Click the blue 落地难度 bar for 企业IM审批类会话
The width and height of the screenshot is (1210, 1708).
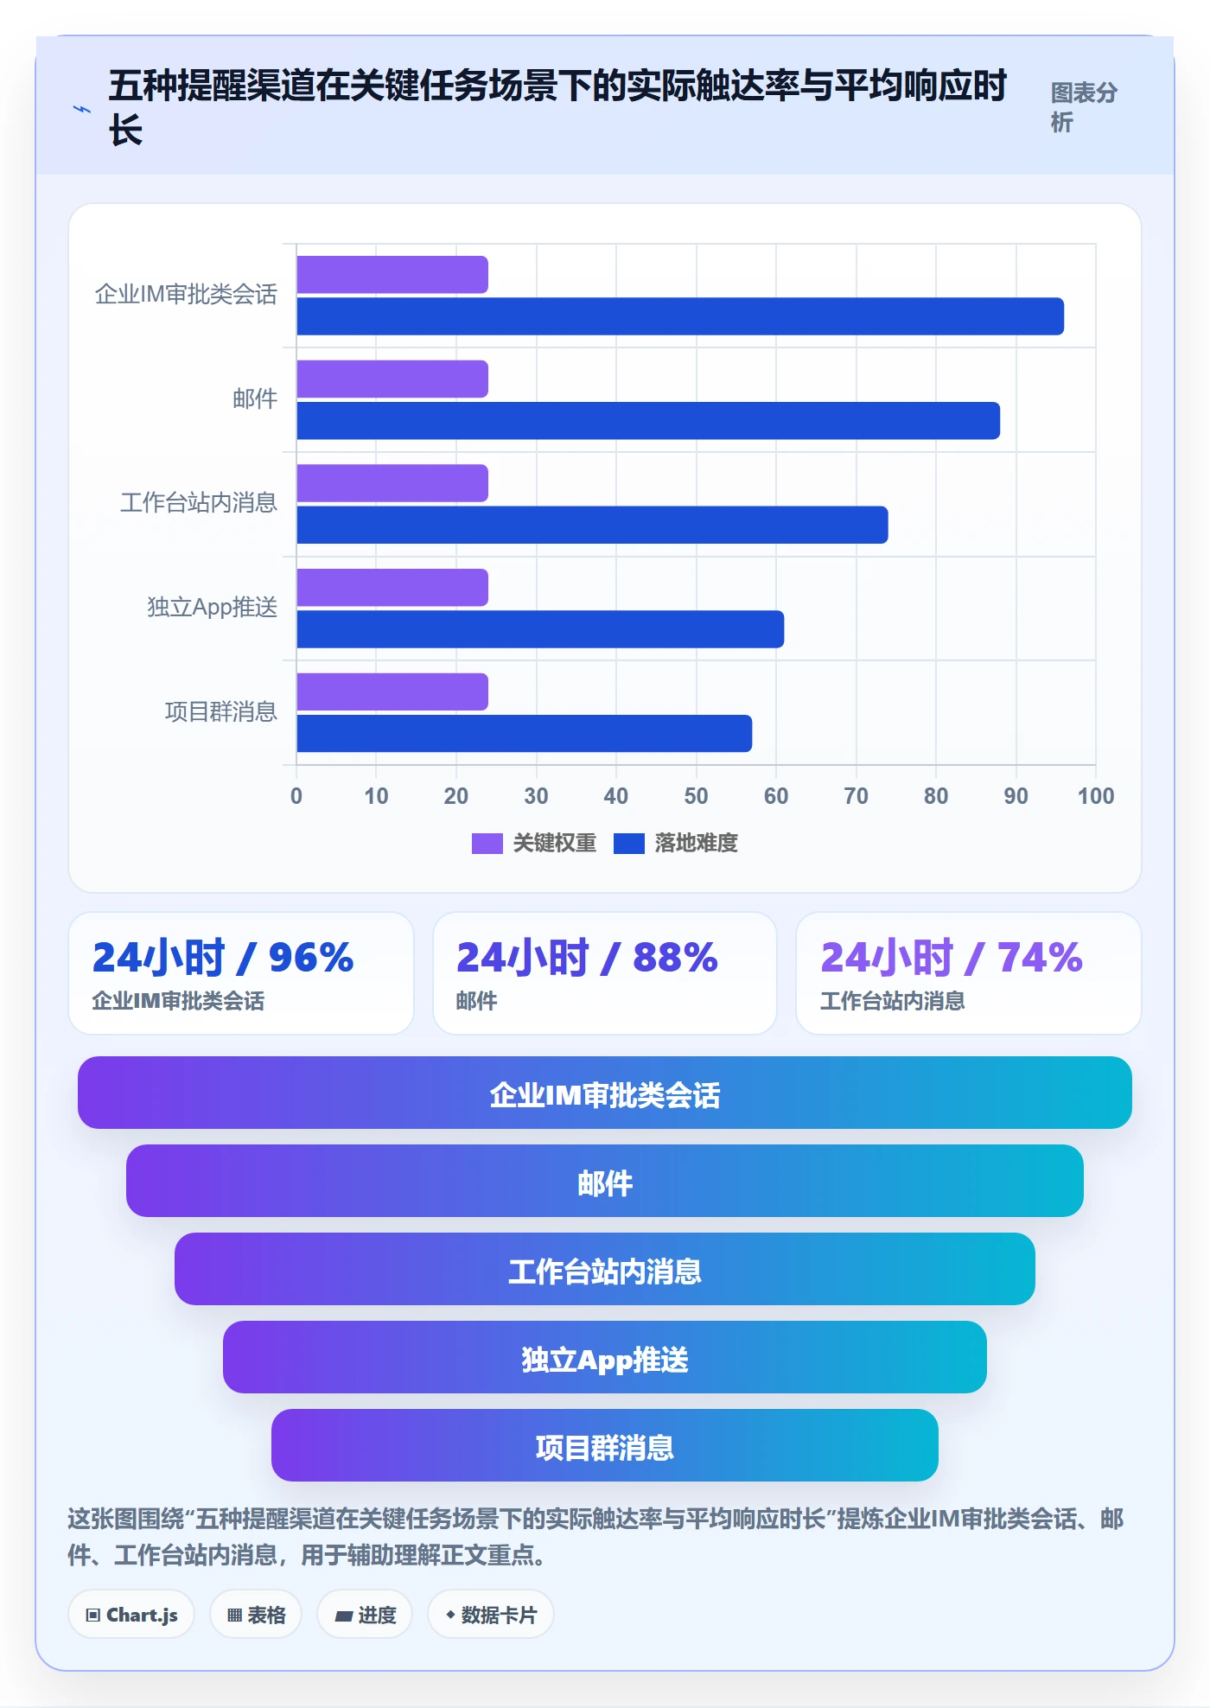pyautogui.click(x=680, y=316)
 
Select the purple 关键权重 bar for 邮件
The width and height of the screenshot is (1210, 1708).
pyautogui.click(x=392, y=379)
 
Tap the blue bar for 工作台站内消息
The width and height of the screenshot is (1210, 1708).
pyautogui.click(x=592, y=525)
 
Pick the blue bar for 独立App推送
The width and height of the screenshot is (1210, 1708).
pyautogui.click(x=540, y=629)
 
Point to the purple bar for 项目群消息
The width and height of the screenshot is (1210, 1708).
pyautogui.click(x=392, y=692)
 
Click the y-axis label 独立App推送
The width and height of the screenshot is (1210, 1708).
pyautogui.click(x=213, y=608)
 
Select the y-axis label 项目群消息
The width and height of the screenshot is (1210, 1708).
pyautogui.click(x=221, y=712)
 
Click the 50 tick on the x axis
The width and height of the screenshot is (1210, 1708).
pyautogui.click(x=696, y=796)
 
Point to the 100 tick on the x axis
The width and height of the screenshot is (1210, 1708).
pyautogui.click(x=1096, y=796)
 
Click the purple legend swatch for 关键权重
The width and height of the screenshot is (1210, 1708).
pyautogui.click(x=487, y=844)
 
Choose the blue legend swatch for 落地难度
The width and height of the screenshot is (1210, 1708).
pyautogui.click(x=629, y=844)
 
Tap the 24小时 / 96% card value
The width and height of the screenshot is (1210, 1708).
pyautogui.click(x=223, y=958)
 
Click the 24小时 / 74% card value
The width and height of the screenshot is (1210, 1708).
pyautogui.click(x=952, y=958)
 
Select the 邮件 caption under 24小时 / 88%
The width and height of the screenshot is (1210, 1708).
pyautogui.click(x=477, y=1001)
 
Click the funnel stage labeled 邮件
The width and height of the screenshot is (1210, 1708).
pyautogui.click(x=605, y=1181)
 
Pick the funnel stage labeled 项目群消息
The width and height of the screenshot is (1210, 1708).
pyautogui.click(x=605, y=1445)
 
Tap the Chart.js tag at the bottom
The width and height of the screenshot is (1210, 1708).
pyautogui.click(x=131, y=1615)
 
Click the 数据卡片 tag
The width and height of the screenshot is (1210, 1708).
pyautogui.click(x=491, y=1615)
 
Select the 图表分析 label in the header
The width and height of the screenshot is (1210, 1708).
pyautogui.click(x=1084, y=107)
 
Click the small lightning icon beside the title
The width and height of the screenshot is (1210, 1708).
pyautogui.click(x=81, y=109)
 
